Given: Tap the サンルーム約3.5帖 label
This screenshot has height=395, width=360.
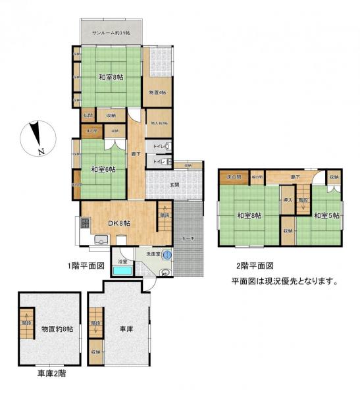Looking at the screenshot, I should tap(111, 33).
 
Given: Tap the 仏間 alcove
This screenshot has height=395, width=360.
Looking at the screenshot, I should tap(88, 116).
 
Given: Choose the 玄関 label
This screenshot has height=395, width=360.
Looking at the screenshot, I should tap(175, 184).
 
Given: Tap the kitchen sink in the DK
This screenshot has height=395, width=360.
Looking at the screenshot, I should tap(101, 239).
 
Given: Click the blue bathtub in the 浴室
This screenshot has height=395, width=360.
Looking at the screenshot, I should tap(121, 270).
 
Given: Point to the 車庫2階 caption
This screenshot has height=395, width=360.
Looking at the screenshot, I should tap(52, 373).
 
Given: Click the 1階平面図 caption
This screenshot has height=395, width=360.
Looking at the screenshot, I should tap(87, 266).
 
